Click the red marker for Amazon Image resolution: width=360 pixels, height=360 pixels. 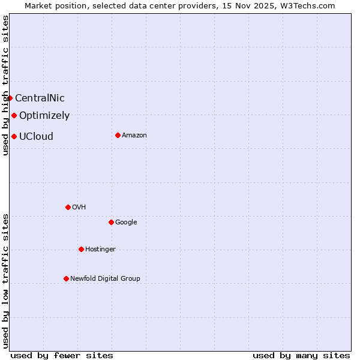tap(118, 135)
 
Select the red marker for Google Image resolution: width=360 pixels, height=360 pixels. tap(111, 222)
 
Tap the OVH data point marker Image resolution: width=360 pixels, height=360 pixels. tap(68, 207)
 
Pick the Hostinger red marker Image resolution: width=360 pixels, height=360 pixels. tap(81, 249)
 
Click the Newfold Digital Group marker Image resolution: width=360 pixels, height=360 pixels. tap(66, 278)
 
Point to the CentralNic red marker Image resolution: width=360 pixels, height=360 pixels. tap(10, 98)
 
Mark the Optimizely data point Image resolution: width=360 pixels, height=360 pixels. tap(14, 115)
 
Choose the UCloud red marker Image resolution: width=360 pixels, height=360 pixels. tap(14, 136)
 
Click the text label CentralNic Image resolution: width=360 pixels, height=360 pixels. tap(40, 98)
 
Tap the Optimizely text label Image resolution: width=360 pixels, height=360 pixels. tap(44, 116)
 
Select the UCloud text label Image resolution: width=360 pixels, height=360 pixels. tap(36, 137)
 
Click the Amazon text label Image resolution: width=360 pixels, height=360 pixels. tap(134, 136)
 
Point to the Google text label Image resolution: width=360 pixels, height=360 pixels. tap(126, 223)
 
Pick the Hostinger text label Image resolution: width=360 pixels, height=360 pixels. tap(100, 250)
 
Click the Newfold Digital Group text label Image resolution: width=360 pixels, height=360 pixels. tap(105, 279)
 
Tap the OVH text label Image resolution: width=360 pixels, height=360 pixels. tap(79, 208)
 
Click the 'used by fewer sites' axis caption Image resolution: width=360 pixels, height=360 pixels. tap(62, 355)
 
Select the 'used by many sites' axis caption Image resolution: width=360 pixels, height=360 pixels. tap(301, 355)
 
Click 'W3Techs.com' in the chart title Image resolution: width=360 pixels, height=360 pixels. tap(310, 5)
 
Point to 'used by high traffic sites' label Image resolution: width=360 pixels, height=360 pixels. tap(5, 85)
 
